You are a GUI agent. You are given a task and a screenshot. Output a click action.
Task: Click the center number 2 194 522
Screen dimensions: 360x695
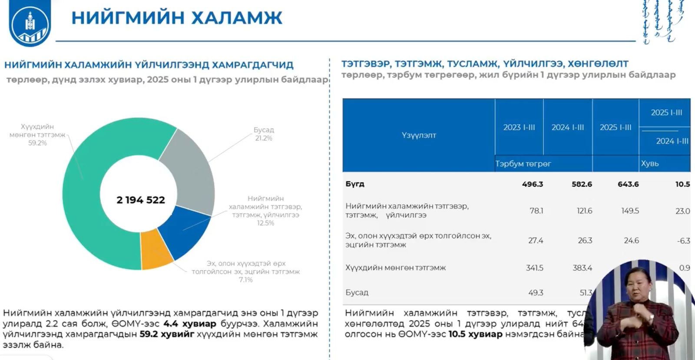(x=141, y=200)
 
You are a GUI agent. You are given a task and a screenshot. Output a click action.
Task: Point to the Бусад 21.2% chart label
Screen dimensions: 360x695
(x=264, y=134)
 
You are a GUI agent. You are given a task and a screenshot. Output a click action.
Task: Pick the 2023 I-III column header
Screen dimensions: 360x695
(x=519, y=127)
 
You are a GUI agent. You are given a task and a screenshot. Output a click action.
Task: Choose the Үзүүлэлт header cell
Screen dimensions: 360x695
(x=419, y=135)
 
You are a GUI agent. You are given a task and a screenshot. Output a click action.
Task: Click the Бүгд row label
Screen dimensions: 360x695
(x=355, y=184)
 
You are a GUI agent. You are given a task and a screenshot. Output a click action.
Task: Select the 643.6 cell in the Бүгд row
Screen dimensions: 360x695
(x=628, y=184)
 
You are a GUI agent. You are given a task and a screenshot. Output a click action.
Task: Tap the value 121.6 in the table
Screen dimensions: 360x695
(x=584, y=211)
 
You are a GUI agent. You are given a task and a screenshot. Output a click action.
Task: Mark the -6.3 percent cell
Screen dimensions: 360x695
(x=683, y=241)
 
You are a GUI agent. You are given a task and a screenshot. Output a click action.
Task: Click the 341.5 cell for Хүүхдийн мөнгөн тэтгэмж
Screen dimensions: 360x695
(x=534, y=268)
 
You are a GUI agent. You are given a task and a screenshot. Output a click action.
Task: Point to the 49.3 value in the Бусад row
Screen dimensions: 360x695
(x=536, y=293)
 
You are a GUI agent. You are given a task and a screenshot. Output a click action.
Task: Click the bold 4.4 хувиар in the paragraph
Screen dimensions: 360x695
(x=190, y=324)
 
